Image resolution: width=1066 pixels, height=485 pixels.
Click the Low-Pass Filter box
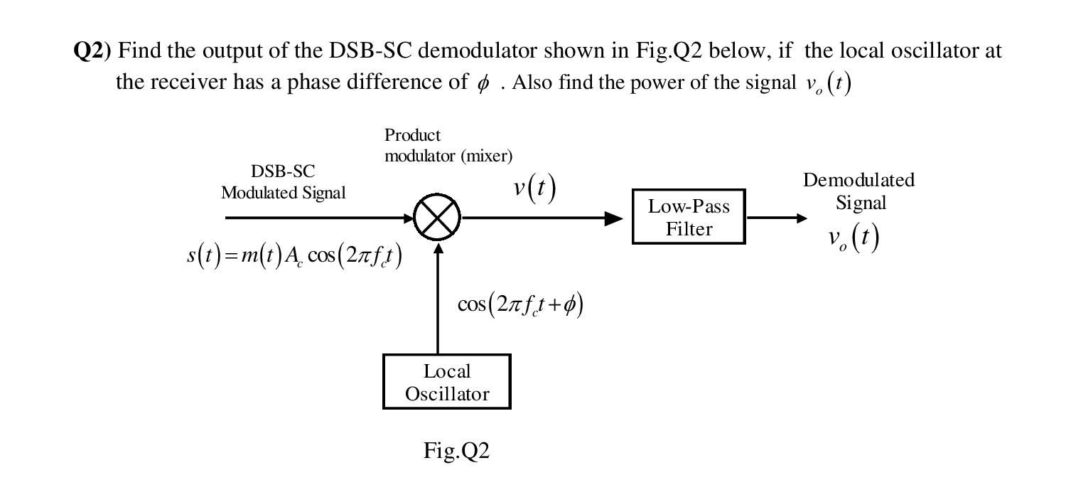(688, 217)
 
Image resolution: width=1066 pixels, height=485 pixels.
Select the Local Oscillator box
(446, 382)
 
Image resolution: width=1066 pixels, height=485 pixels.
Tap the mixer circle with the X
(438, 218)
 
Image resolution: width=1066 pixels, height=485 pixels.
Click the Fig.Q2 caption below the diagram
(456, 451)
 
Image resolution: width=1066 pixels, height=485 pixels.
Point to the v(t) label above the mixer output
(534, 188)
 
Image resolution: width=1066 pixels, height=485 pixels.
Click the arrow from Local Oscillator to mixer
(438, 299)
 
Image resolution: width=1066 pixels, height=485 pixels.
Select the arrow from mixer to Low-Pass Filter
(540, 218)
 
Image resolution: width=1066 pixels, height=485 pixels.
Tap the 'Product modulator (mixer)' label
(448, 145)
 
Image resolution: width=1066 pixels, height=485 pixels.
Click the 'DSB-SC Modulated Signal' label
(283, 182)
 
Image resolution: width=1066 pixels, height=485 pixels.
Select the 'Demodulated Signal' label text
(859, 191)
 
